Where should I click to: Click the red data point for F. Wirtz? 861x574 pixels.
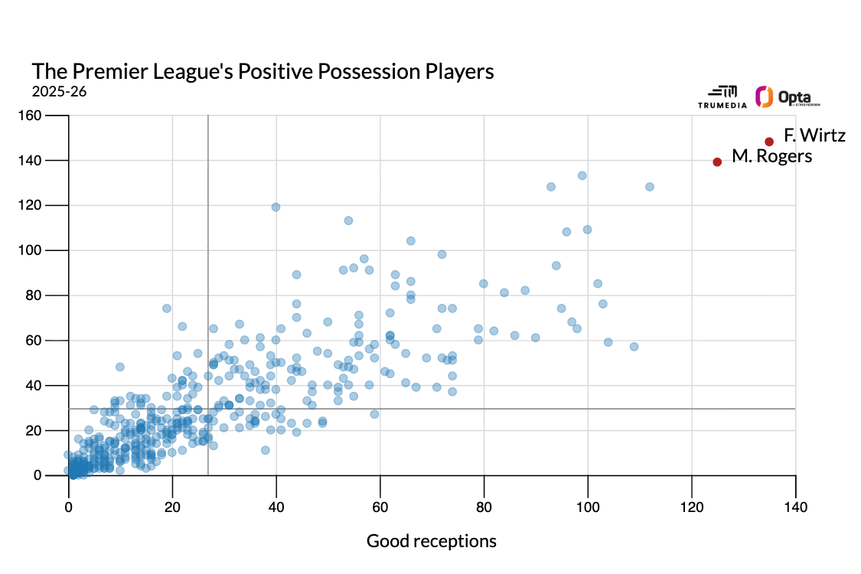pos(769,142)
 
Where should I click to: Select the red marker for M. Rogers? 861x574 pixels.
pos(717,161)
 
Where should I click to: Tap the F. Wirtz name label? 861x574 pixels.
pos(814,136)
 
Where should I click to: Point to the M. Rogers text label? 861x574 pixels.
pos(771,156)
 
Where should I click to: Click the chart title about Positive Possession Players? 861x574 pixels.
pos(263,71)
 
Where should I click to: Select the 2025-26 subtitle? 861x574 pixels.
pos(59,91)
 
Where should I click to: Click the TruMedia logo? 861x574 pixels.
pos(722,96)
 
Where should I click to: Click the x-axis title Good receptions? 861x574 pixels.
pos(432,541)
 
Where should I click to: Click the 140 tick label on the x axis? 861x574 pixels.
pos(796,506)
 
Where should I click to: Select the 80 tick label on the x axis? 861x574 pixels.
pos(484,506)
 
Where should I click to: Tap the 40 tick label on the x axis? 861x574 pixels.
pos(276,506)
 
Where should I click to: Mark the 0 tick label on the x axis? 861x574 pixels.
pos(69,506)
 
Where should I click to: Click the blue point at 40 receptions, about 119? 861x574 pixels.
pos(276,207)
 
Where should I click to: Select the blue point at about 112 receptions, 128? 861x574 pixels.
pos(650,187)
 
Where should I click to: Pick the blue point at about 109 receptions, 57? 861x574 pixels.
pos(634,347)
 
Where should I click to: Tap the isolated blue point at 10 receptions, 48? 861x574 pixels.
pos(120,367)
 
